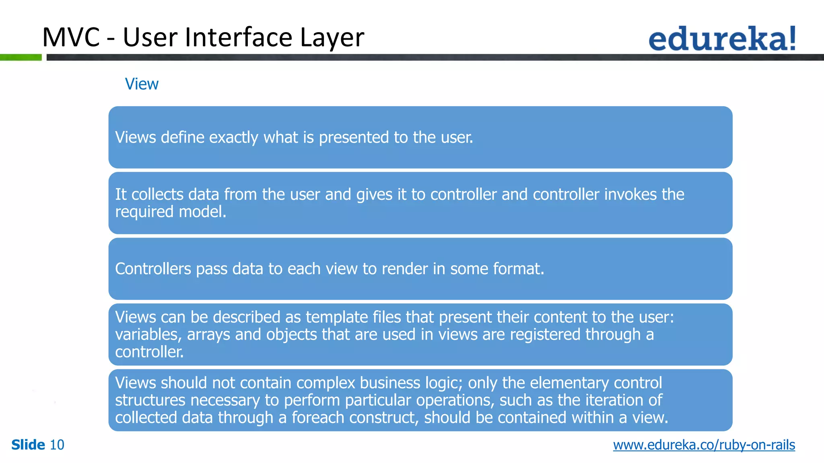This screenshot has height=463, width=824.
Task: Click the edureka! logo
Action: pos(722,39)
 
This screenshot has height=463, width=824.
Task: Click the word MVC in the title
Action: pos(71,37)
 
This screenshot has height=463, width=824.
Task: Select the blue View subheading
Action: pos(142,84)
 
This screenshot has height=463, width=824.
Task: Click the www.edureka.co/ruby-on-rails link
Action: pos(704,445)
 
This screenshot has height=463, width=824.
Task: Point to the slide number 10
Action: pos(57,445)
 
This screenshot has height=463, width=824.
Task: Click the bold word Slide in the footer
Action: pos(28,445)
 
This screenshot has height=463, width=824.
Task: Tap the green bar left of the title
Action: pos(21,57)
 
